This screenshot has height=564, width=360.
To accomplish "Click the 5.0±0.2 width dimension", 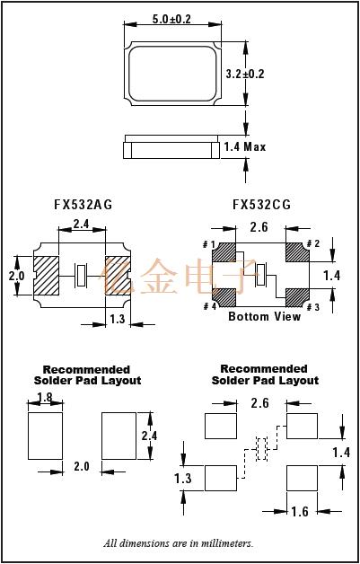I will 171,18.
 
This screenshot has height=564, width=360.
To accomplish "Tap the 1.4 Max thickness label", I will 244,146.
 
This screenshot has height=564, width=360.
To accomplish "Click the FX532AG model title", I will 83,205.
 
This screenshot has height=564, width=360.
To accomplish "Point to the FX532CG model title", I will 261,205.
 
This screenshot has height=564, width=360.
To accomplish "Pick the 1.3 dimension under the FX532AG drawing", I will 116,319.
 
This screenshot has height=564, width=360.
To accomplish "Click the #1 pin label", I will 208,245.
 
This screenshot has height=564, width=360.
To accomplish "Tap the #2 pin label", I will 313,244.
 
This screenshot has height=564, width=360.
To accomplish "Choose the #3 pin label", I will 313,307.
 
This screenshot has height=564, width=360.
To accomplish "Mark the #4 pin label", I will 208,307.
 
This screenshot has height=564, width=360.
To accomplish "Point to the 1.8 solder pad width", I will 45,397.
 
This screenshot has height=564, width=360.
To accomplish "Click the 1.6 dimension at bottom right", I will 301,512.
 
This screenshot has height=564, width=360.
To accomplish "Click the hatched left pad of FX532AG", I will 45,274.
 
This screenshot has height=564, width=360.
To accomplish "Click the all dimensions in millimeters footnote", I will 179,543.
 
